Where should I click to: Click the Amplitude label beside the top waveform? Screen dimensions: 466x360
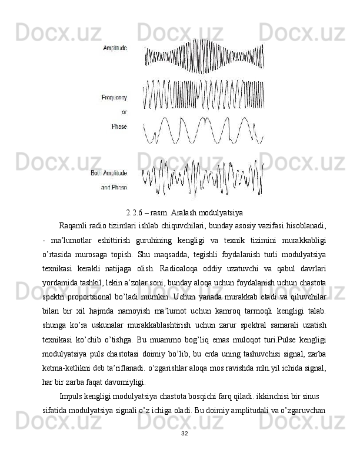coord(115,48)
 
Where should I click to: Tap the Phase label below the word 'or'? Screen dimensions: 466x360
coord(119,126)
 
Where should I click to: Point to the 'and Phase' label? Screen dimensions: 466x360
coord(114,188)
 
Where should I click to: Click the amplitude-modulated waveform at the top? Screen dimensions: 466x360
coord(203,56)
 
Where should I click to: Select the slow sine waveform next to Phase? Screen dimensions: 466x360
coord(203,131)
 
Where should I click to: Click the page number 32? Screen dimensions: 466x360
coord(185,450)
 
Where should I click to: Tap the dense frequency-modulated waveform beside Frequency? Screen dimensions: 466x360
coord(203,94)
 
